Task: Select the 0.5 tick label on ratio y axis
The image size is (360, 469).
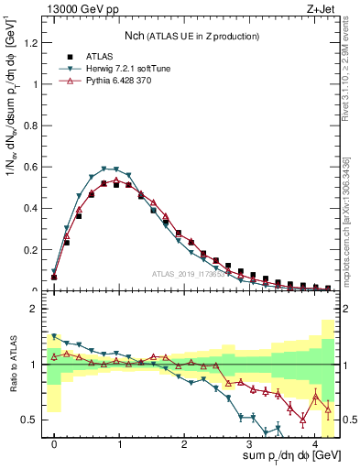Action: point(33,420)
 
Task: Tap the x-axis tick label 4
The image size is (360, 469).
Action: point(314,442)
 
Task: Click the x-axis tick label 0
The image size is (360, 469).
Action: point(54,442)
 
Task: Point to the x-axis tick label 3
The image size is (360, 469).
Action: point(249,442)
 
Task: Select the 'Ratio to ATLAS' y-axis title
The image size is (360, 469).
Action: point(12,366)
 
